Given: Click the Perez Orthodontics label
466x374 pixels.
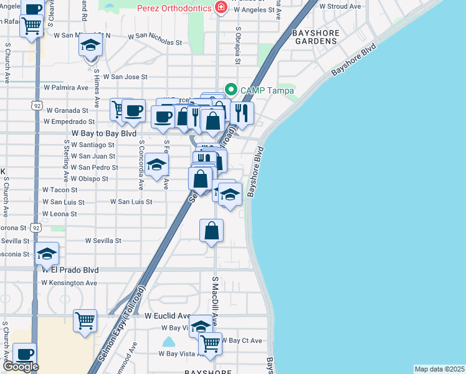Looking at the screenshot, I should click(x=175, y=7).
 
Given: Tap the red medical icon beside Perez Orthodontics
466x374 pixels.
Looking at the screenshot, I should click(x=219, y=7).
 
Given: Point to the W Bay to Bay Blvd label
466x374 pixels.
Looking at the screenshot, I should click(x=104, y=133).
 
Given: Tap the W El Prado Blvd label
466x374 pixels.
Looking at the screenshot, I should click(x=70, y=271).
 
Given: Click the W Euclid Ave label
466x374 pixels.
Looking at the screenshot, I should click(x=168, y=316).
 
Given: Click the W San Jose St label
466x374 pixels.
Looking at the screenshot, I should click(x=121, y=77).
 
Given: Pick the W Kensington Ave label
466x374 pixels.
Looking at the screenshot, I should click(x=69, y=282).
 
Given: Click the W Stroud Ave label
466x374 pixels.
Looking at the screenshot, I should click(x=340, y=7).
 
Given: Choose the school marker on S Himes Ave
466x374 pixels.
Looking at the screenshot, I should click(x=91, y=47).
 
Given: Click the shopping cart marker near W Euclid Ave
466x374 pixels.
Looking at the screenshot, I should click(x=85, y=321).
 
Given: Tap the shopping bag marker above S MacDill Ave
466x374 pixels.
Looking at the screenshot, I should click(x=212, y=230).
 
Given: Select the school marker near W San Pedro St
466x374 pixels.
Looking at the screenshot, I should click(x=156, y=165).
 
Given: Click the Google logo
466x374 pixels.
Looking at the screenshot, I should click(x=20, y=367).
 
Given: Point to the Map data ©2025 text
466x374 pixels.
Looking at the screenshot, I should click(x=439, y=369).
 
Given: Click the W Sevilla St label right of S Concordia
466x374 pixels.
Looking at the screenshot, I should click(x=103, y=241).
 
